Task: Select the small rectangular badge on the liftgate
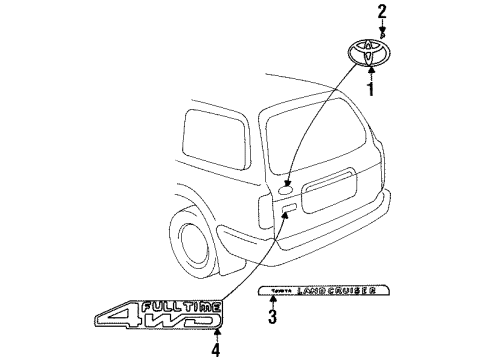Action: [x=288, y=208]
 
